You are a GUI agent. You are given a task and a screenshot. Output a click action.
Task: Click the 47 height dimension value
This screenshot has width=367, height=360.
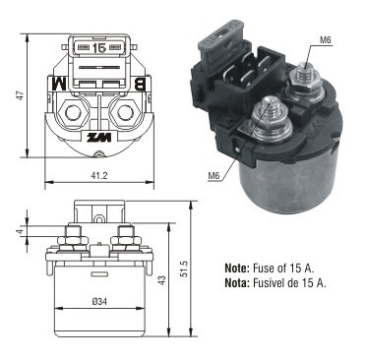[x=21, y=95]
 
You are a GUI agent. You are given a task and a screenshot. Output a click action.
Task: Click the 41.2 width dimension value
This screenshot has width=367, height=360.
[x=99, y=176]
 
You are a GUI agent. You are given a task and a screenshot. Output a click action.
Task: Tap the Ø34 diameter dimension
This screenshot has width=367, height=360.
[x=100, y=302]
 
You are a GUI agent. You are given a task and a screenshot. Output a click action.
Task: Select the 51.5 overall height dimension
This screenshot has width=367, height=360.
[x=184, y=269]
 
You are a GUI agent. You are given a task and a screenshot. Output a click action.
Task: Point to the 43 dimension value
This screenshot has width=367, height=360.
[x=162, y=279]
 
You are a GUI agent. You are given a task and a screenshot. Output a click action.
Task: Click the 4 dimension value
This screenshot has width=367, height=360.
[x=21, y=232]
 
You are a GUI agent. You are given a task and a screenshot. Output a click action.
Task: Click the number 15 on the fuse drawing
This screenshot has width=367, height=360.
[x=99, y=48]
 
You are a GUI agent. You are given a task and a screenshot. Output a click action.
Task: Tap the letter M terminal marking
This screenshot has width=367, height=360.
[x=59, y=84]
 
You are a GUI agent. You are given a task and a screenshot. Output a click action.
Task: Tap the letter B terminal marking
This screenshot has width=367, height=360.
[x=141, y=84]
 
